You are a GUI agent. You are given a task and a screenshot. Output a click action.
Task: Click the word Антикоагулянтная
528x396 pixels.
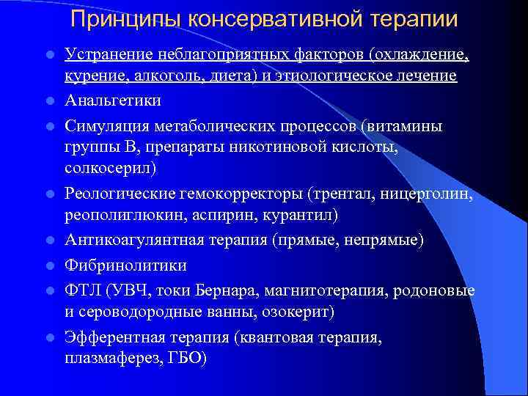pos(134,241)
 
